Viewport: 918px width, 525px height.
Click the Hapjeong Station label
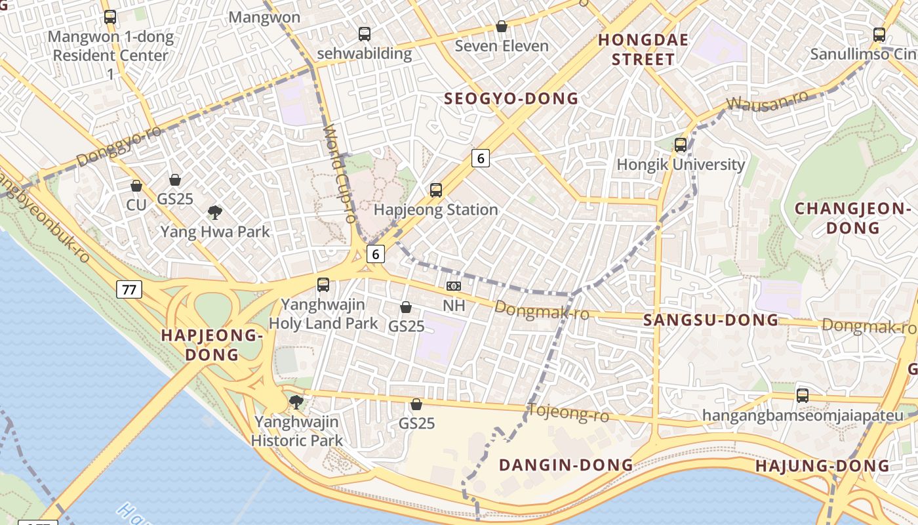point(436,210)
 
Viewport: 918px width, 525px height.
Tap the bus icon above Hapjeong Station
point(436,190)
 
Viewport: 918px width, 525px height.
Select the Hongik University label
point(681,164)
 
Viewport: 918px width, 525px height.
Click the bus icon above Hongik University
point(681,144)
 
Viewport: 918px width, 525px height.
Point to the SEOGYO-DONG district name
point(511,99)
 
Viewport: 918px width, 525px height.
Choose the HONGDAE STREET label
point(643,50)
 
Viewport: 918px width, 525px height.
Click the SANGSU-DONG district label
point(711,320)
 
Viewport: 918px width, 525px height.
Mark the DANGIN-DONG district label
point(566,465)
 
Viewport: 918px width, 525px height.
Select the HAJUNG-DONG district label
point(822,467)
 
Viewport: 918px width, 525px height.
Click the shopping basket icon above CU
point(136,186)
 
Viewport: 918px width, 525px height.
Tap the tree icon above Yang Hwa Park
point(214,212)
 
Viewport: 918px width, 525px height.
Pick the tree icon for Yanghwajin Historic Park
point(296,402)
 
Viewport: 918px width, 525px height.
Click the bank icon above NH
point(453,286)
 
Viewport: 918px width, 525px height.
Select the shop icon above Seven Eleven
point(502,26)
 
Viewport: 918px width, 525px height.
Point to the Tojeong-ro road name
point(568,413)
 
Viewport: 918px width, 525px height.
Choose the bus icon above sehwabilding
point(365,34)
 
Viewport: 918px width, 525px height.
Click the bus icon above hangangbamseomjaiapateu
point(803,396)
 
